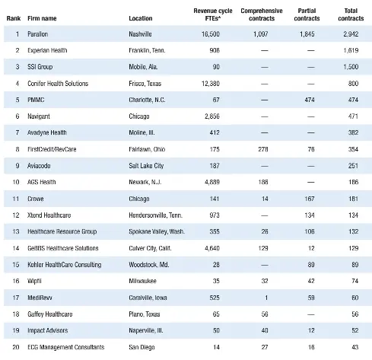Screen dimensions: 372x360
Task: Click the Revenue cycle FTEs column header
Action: point(213,14)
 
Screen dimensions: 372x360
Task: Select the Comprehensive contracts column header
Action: point(262,14)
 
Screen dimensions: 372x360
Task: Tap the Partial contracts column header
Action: point(307,14)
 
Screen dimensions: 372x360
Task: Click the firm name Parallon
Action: point(37,34)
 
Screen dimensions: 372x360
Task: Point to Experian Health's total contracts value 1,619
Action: point(351,50)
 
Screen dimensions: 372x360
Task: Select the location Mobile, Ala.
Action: point(143,67)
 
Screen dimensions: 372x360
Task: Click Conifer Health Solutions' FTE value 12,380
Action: point(211,84)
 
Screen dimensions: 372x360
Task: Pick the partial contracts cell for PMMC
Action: point(310,100)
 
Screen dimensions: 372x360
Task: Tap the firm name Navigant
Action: point(39,116)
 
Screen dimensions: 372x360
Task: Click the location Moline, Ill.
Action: point(141,132)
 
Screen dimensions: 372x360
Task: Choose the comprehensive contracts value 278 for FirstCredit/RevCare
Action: point(263,149)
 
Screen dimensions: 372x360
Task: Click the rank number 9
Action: point(17,166)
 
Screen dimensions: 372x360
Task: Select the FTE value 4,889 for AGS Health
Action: point(212,182)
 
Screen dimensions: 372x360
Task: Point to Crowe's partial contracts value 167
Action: point(310,199)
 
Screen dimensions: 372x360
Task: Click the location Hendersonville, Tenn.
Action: point(155,215)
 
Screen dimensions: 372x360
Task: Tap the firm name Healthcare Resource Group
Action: point(62,231)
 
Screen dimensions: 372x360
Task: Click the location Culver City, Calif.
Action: point(150,248)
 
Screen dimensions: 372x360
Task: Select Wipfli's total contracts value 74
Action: point(355,281)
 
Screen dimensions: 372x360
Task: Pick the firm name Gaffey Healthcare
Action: point(50,314)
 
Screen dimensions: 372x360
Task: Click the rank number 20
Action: point(16,347)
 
